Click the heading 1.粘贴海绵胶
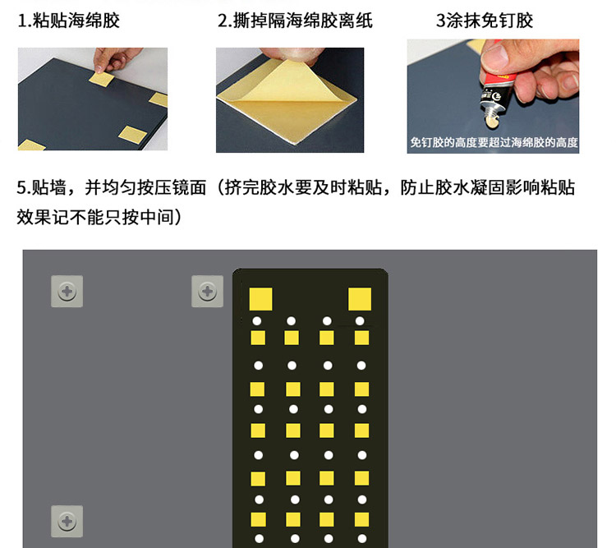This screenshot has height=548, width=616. click(x=69, y=21)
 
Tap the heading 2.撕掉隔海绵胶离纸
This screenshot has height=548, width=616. click(x=295, y=21)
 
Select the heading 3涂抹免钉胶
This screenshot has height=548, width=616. click(x=485, y=21)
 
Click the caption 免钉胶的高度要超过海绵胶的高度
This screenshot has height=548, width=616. click(x=494, y=142)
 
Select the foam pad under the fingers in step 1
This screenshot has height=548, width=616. click(x=101, y=79)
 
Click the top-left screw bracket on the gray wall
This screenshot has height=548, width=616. click(x=67, y=292)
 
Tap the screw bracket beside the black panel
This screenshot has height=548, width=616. click(x=208, y=292)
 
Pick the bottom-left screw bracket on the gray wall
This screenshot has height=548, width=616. click(x=67, y=521)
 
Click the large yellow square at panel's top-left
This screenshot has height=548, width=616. click(x=261, y=299)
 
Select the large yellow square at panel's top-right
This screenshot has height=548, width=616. click(x=360, y=299)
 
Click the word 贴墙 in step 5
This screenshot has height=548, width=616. click(x=48, y=187)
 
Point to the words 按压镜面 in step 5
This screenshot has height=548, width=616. click(x=172, y=187)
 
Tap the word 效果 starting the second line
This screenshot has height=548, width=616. click(x=34, y=217)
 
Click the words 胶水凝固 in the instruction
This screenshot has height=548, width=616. click(x=470, y=187)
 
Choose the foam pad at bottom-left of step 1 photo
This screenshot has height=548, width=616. click(x=31, y=145)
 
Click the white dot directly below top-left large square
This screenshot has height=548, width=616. click(x=257, y=321)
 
